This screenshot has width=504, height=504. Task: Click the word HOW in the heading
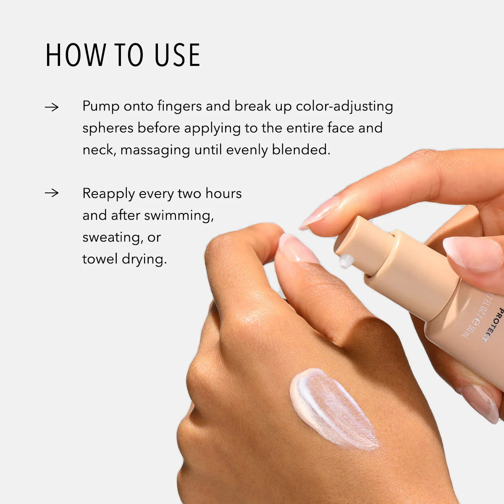coord(76,55)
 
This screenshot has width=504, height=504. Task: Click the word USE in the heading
coord(177,55)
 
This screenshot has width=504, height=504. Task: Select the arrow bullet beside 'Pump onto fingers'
coord(52,107)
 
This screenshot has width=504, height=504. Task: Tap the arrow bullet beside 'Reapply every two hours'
coord(52,193)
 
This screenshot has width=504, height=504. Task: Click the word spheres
coord(108,129)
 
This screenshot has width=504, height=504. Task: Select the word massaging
coord(155,150)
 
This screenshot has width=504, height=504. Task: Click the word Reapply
coord(108,194)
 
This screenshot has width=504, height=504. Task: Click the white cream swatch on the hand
coord(332,407)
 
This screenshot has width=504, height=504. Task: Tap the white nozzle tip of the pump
coord(345,261)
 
